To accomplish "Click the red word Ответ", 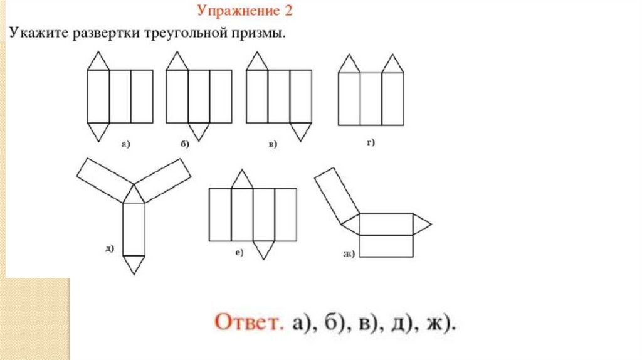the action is (247, 323).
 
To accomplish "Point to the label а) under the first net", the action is (125, 144).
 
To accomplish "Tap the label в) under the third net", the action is (273, 145).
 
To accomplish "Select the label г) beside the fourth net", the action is (371, 144).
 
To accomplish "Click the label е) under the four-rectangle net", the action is (239, 252).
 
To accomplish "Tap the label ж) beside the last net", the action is (349, 253).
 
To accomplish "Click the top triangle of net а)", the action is (97, 62).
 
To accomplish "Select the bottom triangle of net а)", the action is (97, 130).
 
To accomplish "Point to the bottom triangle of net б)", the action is (199, 130).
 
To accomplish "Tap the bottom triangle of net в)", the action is (300, 130).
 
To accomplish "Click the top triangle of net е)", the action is (242, 181).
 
